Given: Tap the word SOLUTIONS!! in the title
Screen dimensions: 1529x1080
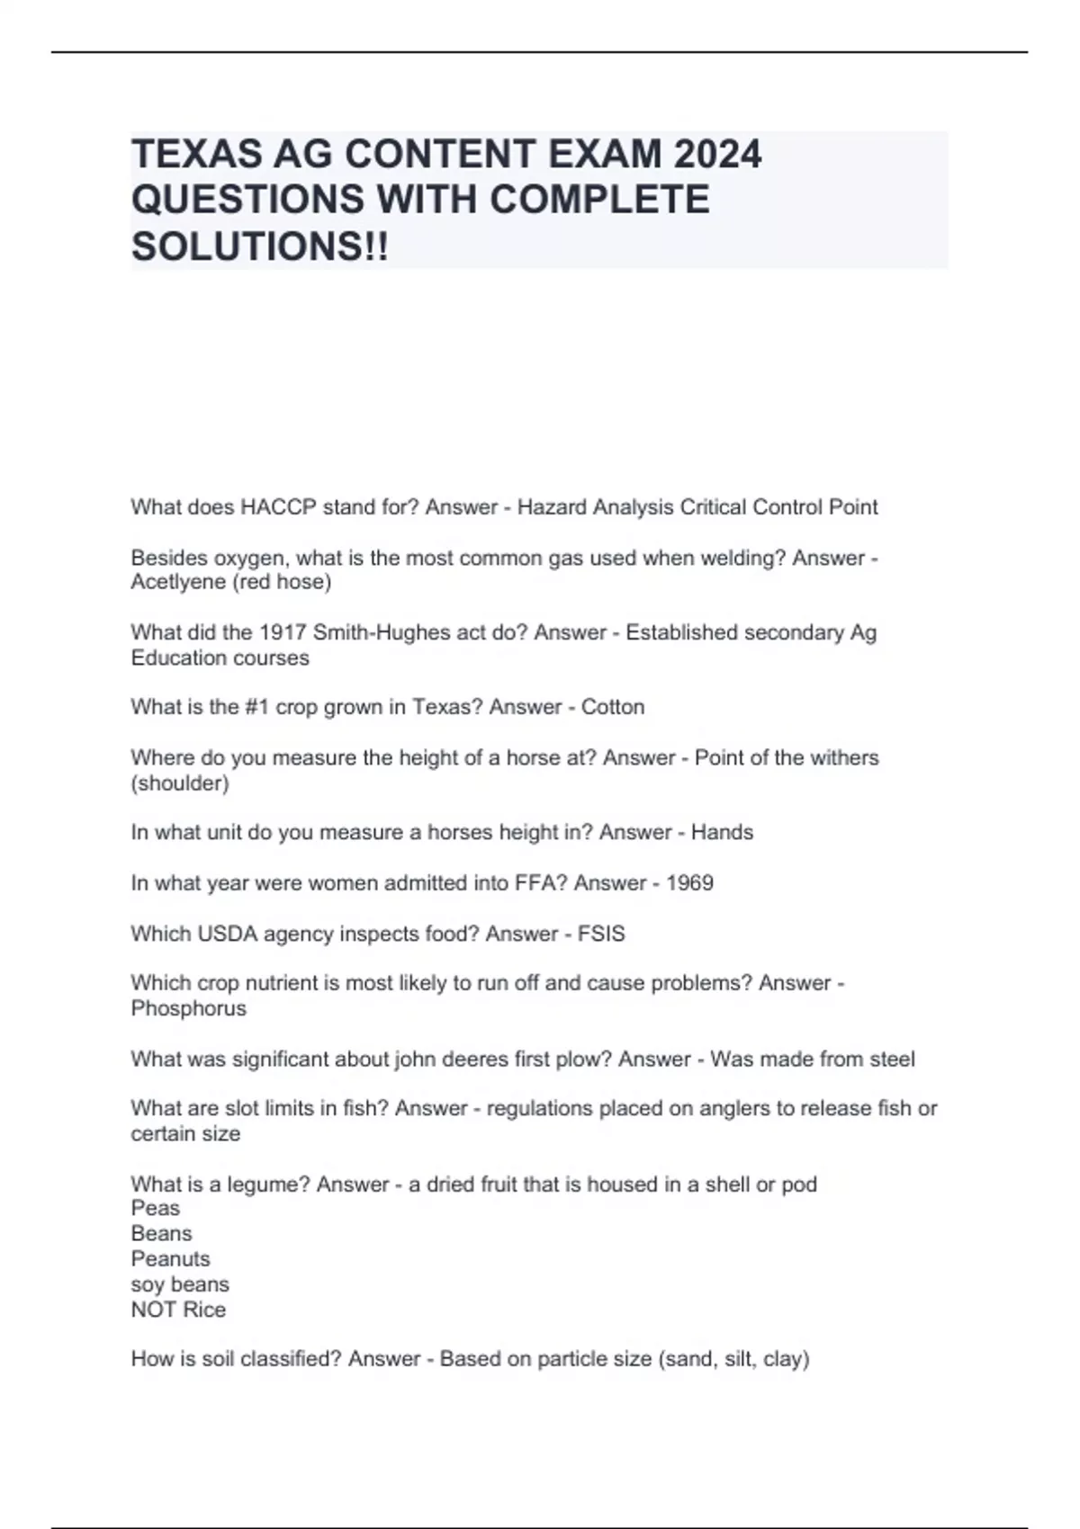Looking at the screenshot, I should coord(260,246).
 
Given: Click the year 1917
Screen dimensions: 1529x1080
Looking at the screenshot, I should coord(283,632).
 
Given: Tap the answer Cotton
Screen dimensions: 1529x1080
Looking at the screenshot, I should coord(613,707).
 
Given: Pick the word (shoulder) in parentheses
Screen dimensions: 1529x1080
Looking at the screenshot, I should coord(180,782).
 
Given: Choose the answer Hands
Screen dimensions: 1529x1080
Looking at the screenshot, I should coord(722,833).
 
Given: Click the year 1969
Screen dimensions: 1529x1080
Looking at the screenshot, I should coord(689,883).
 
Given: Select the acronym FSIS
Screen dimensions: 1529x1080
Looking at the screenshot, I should coord(601,934).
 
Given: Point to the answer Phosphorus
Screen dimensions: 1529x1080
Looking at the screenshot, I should coord(188,1008).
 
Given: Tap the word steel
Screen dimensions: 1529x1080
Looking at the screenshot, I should coord(892,1059).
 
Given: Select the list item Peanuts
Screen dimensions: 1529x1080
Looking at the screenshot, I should coord(170,1259).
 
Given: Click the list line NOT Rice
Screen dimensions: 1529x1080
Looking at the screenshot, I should coord(178,1310).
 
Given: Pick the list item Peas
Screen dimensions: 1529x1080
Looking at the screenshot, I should coord(155,1208).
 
